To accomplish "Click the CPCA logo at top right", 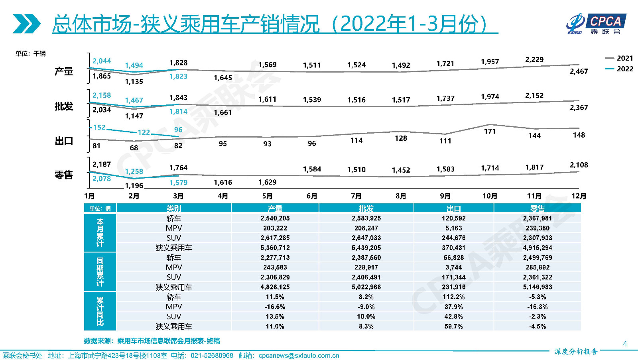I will [x=596, y=24].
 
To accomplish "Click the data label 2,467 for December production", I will [x=579, y=71].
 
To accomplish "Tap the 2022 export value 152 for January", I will [x=99, y=128].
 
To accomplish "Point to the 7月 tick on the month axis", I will [x=356, y=196].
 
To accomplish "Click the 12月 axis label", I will [x=579, y=196].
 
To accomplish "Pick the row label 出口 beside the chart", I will [x=64, y=141].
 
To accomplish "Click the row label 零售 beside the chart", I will [x=64, y=175].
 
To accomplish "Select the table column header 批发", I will [x=366, y=208].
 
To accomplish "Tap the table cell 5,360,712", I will [x=275, y=248].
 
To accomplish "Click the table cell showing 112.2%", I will [x=453, y=297].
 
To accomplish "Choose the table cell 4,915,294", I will [x=538, y=248].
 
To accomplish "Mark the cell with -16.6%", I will [x=275, y=307].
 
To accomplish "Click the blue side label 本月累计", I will [x=100, y=233].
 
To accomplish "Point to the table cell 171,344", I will [x=453, y=277].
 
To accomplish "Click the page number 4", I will [x=625, y=344].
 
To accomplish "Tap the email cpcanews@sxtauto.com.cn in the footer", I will [x=299, y=356].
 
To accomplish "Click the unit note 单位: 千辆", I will [x=31, y=53].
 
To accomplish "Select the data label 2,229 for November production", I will [x=534, y=60].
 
